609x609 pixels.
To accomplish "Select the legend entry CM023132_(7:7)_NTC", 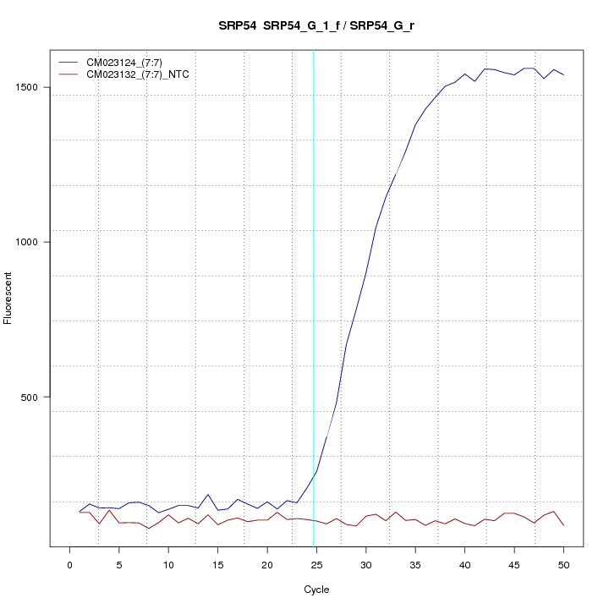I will [x=144, y=74].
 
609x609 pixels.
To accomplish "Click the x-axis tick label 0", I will [x=70, y=563].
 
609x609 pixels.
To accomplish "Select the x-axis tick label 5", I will [x=119, y=563].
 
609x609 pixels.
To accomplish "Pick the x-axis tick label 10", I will [x=168, y=563].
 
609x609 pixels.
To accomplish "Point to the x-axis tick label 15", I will [x=218, y=563].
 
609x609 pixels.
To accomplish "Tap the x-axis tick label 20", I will [x=267, y=563].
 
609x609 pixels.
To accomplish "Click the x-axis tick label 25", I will [x=316, y=563].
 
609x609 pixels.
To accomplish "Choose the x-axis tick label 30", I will [x=366, y=563].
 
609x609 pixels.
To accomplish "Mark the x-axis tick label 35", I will [x=415, y=563].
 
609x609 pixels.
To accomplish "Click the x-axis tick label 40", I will [x=464, y=563].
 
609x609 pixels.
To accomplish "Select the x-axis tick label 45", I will [x=514, y=563].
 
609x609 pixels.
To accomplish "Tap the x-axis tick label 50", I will [x=563, y=563].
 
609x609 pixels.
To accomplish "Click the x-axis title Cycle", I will [x=316, y=590].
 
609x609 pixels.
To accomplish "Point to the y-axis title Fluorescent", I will [x=10, y=298].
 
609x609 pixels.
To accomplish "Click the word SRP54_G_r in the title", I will [x=382, y=26].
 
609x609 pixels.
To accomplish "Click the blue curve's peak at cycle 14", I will [x=208, y=495].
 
